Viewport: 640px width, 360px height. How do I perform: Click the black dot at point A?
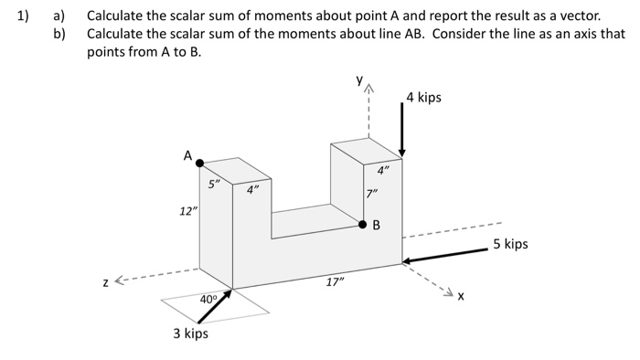point(200,163)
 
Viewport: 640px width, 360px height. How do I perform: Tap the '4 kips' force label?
point(423,97)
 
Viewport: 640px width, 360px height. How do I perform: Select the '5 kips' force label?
point(510,244)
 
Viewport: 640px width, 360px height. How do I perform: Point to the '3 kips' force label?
point(190,334)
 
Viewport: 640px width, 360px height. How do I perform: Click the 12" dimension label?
point(187,212)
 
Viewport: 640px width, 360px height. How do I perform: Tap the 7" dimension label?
point(370,194)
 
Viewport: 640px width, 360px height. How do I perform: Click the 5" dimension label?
point(213,184)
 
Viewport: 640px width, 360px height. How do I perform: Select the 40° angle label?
point(208,299)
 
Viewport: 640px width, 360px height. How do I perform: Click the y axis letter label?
point(361,80)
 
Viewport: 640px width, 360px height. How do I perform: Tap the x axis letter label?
point(461,296)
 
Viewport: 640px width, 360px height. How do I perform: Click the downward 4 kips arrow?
point(401,128)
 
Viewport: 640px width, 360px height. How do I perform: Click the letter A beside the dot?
point(187,156)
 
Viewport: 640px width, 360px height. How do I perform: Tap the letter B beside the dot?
point(375,226)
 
